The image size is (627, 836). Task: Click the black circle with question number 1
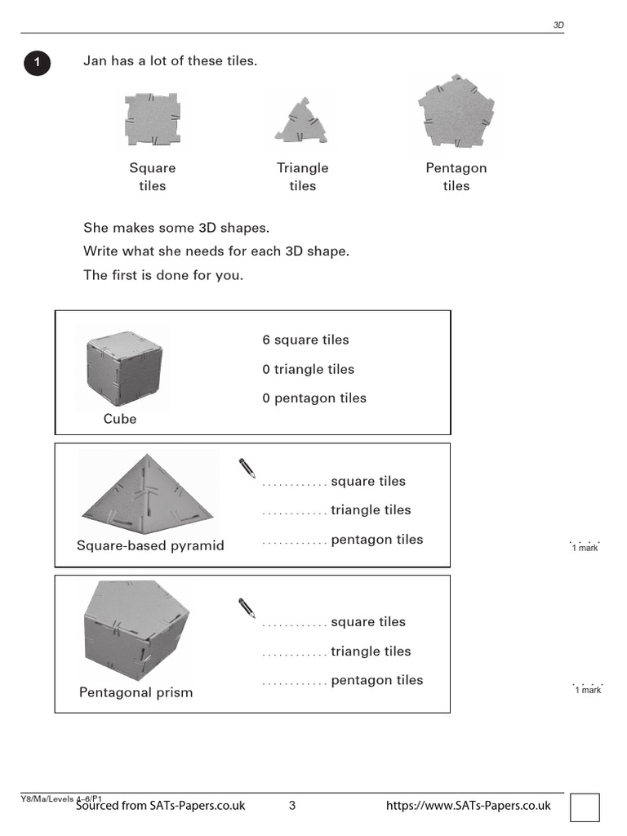coord(37,63)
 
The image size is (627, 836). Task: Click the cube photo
coord(124,368)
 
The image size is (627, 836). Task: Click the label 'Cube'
coord(120,419)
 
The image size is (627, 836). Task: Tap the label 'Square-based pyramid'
coord(150,545)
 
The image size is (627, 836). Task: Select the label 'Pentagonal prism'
coord(136,692)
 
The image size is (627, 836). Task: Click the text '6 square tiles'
coord(305,340)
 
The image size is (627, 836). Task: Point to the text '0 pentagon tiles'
coord(314,398)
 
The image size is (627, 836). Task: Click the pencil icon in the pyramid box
coord(247,468)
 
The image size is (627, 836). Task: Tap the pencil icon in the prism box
coord(247,608)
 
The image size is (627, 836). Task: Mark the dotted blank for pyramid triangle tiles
coord(294,514)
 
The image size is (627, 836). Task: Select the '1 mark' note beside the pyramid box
coord(585,547)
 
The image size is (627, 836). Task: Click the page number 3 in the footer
coord(292,806)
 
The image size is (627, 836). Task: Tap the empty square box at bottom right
coord(585,807)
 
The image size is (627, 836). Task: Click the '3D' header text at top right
coord(558,25)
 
